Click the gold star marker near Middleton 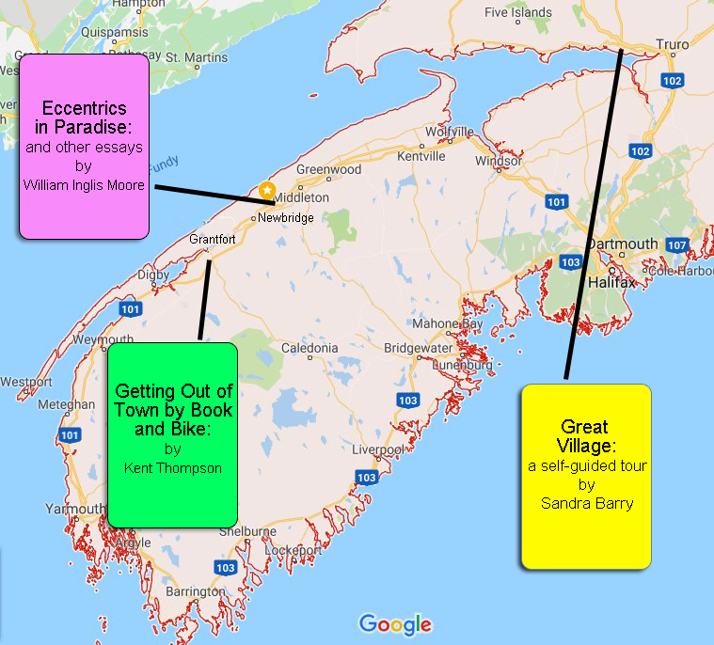[267, 190]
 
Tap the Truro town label [673, 44]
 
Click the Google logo [395, 623]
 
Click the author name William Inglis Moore [84, 185]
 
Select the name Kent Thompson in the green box [173, 466]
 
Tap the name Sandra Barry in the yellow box [587, 503]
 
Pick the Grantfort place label [212, 239]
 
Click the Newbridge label [286, 217]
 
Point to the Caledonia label [309, 348]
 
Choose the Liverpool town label [377, 449]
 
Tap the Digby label [153, 275]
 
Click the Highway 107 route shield [675, 245]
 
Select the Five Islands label [518, 13]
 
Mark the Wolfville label [449, 132]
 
